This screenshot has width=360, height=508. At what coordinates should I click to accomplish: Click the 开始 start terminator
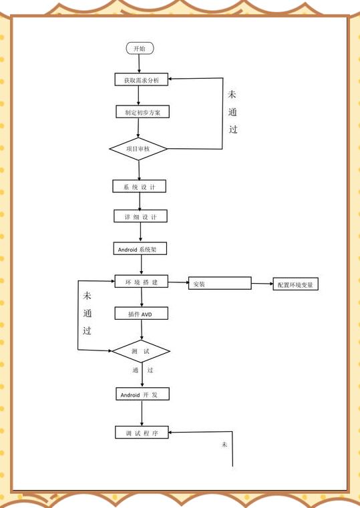pos(140,48)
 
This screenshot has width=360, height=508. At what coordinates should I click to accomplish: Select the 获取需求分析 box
pos(142,79)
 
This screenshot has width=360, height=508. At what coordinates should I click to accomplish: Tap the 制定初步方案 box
pos(142,111)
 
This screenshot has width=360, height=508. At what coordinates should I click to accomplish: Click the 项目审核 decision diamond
pos(138,149)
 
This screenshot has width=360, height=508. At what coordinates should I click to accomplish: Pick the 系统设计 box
pos(140,186)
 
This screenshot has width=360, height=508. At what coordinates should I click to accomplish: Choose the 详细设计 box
pos(141,216)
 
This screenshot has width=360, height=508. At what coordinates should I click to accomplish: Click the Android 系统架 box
pos(140,248)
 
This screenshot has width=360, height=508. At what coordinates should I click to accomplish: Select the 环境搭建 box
pos(142,282)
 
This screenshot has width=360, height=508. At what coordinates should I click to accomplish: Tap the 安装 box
pos(220,283)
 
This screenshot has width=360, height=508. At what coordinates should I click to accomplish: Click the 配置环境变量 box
pos(295,284)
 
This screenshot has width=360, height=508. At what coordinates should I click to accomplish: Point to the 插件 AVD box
pos(142,313)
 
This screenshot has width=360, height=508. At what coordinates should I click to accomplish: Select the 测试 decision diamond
pos(141,351)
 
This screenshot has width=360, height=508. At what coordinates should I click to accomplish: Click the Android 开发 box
pos(142,394)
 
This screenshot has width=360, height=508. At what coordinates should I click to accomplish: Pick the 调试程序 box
pos(142,433)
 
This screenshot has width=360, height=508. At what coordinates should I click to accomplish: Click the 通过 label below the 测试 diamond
pos(142,370)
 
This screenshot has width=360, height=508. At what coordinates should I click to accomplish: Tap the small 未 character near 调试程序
pos(224,445)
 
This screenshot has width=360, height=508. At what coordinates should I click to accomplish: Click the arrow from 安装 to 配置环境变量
pos(262,284)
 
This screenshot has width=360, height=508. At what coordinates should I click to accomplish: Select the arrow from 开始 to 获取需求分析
pos(140,63)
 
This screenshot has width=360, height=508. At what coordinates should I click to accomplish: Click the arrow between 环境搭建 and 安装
pos(178,282)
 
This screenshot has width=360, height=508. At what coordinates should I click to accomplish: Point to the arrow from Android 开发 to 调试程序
pos(142,413)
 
